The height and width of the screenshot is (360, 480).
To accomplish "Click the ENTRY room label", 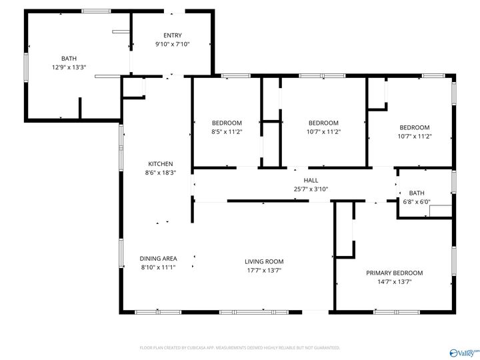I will (173, 35).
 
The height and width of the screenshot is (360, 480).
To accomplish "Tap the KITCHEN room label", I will (161, 163).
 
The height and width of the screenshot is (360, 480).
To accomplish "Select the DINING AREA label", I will (158, 259).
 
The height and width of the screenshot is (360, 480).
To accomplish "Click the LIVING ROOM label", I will (264, 261).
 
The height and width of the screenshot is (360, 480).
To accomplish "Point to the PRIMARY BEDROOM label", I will (394, 273).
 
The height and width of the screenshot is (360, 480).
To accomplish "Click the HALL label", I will (311, 180).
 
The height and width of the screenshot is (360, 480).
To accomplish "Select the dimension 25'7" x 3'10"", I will (311, 189).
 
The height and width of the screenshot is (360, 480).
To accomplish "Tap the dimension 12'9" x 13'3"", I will (69, 67).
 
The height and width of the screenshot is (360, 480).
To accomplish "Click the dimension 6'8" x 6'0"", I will (417, 201).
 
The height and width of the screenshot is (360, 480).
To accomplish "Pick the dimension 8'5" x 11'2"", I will (227, 131).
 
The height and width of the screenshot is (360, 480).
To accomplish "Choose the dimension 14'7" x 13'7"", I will (394, 281).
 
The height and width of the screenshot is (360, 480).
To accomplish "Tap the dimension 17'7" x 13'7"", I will (264, 270).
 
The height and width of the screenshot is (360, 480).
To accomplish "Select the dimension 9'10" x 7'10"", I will (173, 44).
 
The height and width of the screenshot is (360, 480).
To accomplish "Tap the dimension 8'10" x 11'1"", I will (158, 267).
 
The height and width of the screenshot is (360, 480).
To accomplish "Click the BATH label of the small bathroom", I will (417, 193).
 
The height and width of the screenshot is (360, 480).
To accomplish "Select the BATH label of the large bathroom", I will (69, 58).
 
